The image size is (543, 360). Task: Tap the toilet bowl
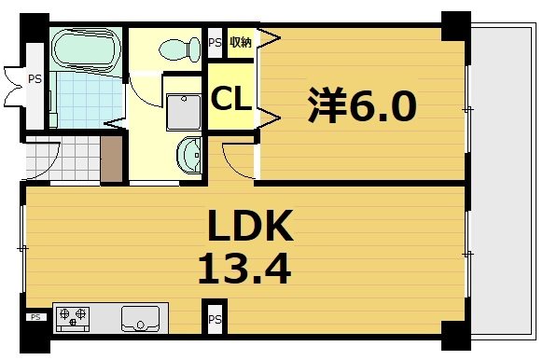[x=179, y=47]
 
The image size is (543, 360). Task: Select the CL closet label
[x=230, y=98]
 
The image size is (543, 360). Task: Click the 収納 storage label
[x=241, y=42]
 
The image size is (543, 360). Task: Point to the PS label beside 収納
[x=215, y=43]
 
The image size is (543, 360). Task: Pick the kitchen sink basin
[x=140, y=317]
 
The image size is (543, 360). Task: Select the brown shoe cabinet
[x=113, y=159]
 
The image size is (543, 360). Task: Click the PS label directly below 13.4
[x=215, y=320]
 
